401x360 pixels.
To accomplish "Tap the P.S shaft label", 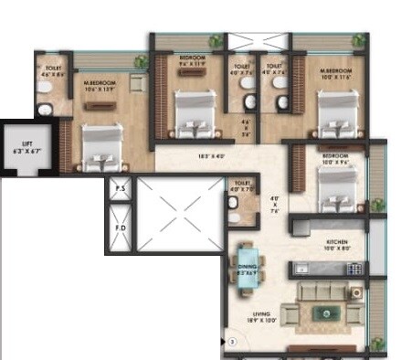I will pyautogui.click(x=121, y=189).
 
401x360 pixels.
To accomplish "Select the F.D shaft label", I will pyautogui.click(x=121, y=224).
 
